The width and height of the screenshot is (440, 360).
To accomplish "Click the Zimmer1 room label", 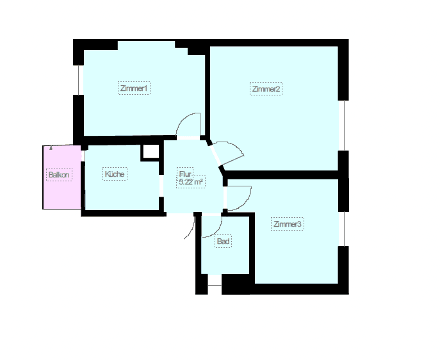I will [x=134, y=88].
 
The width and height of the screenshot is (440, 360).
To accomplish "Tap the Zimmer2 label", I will [x=266, y=89].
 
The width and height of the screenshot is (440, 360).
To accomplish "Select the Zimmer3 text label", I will [x=287, y=224].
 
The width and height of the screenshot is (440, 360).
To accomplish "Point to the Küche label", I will [x=115, y=174].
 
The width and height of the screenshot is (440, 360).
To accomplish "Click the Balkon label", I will [x=59, y=174].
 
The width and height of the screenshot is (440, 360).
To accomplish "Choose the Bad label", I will [x=223, y=241].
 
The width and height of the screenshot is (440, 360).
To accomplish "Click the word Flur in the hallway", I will [x=185, y=174].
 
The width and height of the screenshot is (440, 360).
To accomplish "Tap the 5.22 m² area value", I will [x=191, y=182].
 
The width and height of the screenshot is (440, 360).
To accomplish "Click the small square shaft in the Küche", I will [x=151, y=152].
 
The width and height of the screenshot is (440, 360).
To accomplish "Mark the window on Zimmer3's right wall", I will [x=343, y=228].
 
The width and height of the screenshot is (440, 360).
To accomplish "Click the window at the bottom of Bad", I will [x=215, y=281].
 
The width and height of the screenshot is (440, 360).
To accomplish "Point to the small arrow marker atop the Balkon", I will [x=51, y=147].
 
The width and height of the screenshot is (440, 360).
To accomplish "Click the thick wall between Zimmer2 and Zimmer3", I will [x=282, y=175].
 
